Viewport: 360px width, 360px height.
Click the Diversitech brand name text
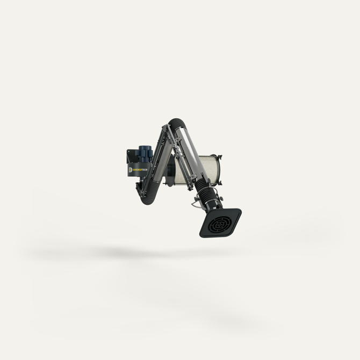pyautogui.click(x=141, y=169)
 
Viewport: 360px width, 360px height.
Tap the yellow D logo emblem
pyautogui.click(x=131, y=169)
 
